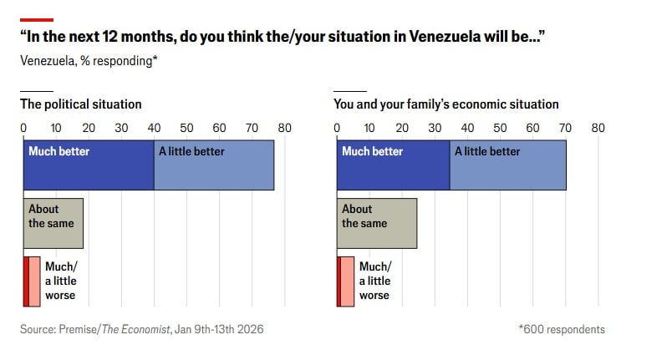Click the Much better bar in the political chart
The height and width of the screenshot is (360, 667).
pyautogui.click(x=88, y=165)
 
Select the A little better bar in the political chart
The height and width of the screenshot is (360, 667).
pyautogui.click(x=214, y=165)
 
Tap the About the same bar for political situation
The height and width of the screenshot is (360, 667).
pyautogui.click(x=53, y=224)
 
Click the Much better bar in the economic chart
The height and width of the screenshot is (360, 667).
pyautogui.click(x=393, y=165)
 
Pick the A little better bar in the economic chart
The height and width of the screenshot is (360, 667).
pyautogui.click(x=507, y=165)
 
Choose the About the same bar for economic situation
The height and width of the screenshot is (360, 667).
pyautogui.click(x=376, y=224)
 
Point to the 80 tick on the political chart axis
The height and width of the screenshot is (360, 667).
pyautogui.click(x=284, y=128)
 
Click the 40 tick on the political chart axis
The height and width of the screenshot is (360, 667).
pyautogui.click(x=154, y=128)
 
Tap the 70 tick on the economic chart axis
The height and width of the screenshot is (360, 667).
pyautogui.click(x=565, y=128)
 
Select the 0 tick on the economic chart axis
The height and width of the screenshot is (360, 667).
pyautogui.click(x=337, y=128)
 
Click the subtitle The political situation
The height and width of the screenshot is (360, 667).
pyautogui.click(x=80, y=104)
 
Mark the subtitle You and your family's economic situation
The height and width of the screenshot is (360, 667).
pyautogui.click(x=446, y=104)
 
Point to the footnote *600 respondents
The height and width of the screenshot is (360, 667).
pyautogui.click(x=561, y=329)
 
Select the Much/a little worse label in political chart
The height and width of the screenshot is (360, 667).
pyautogui.click(x=59, y=281)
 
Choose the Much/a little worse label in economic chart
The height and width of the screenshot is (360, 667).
pyautogui.click(x=374, y=281)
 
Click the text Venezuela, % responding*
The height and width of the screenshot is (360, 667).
pyautogui.click(x=89, y=61)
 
